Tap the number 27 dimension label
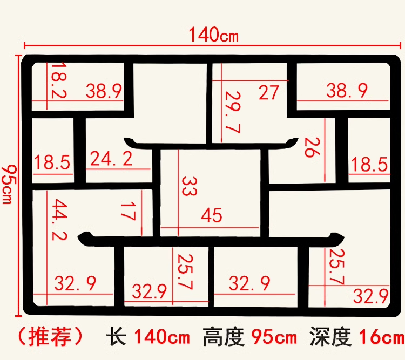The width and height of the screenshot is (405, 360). point(268,92)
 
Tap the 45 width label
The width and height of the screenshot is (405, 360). point(211,215)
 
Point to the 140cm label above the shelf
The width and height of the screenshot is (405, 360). point(213,35)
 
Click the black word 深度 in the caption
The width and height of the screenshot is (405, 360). point(330,338)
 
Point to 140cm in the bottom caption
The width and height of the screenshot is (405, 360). point(162,338)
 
